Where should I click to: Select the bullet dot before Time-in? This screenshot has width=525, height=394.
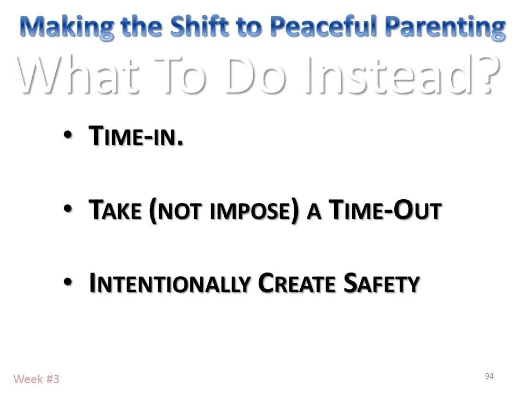pos(67,135)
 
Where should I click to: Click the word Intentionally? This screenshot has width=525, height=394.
pos(167,283)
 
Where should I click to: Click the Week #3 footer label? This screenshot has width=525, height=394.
pos(36,379)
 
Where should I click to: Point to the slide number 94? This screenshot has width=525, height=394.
pos(489,376)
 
